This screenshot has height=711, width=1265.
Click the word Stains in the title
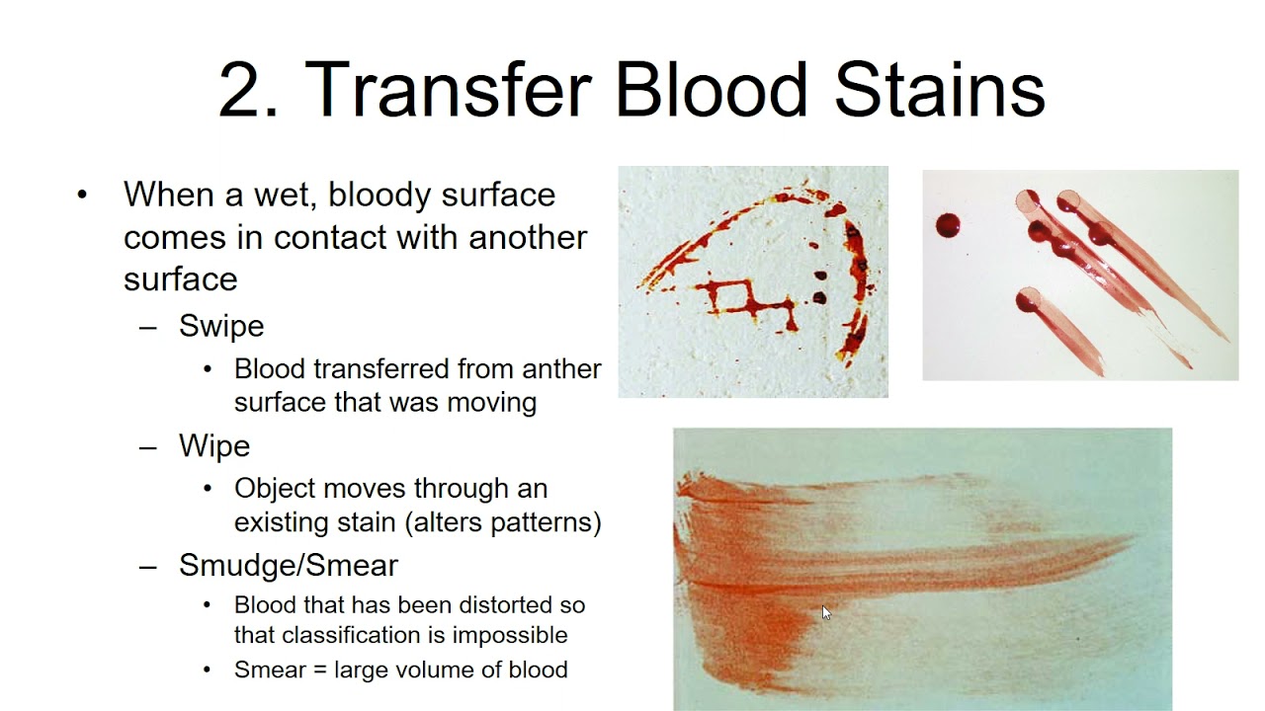(939, 89)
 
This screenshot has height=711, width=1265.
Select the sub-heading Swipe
(221, 326)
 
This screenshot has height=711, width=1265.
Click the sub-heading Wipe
(214, 446)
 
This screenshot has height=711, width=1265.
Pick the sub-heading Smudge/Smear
(288, 566)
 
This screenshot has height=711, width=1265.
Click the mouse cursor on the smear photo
(826, 612)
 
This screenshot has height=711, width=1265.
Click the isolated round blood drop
(949, 226)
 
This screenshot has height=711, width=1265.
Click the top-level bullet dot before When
(82, 196)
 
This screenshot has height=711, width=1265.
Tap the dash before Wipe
(148, 447)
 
